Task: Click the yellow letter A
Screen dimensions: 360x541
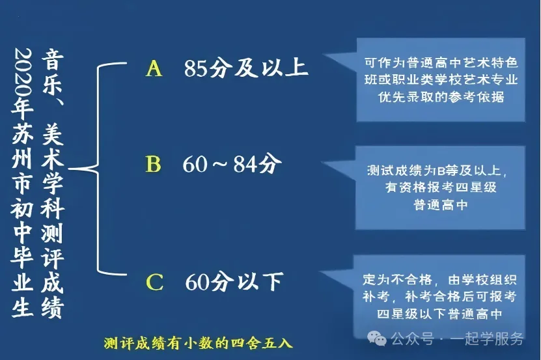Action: (x=154, y=68)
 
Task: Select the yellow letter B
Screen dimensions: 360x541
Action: (x=153, y=165)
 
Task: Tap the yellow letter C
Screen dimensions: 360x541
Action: (x=154, y=282)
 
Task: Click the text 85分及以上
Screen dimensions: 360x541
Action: (x=246, y=68)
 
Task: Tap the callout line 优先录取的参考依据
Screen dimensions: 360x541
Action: (x=441, y=97)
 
